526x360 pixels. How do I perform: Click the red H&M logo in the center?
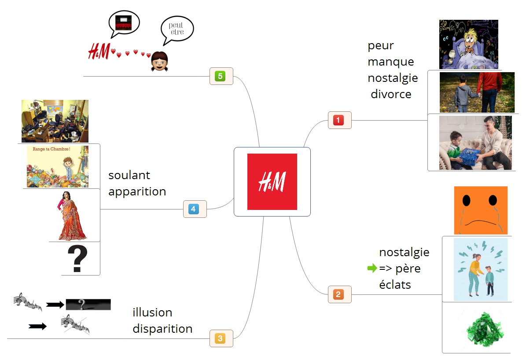[x=272, y=181]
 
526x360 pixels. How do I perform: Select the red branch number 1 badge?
[x=338, y=120]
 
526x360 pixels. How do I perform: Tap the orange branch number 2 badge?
[x=338, y=294]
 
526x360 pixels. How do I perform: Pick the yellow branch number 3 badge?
[x=220, y=338]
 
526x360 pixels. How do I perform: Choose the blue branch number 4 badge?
[x=194, y=209]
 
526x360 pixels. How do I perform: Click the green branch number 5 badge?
[x=220, y=76]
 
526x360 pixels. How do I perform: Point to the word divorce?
[x=391, y=94]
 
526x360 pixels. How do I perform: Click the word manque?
[x=391, y=62]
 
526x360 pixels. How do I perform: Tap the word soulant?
[x=129, y=175]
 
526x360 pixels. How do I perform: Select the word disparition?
[x=162, y=329]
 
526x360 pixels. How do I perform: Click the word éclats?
[x=395, y=285]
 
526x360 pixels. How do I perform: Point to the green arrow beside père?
[x=372, y=268]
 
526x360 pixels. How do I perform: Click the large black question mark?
[x=77, y=259]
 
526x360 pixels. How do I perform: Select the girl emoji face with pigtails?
[x=159, y=62]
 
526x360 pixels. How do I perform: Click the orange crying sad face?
[x=481, y=210]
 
